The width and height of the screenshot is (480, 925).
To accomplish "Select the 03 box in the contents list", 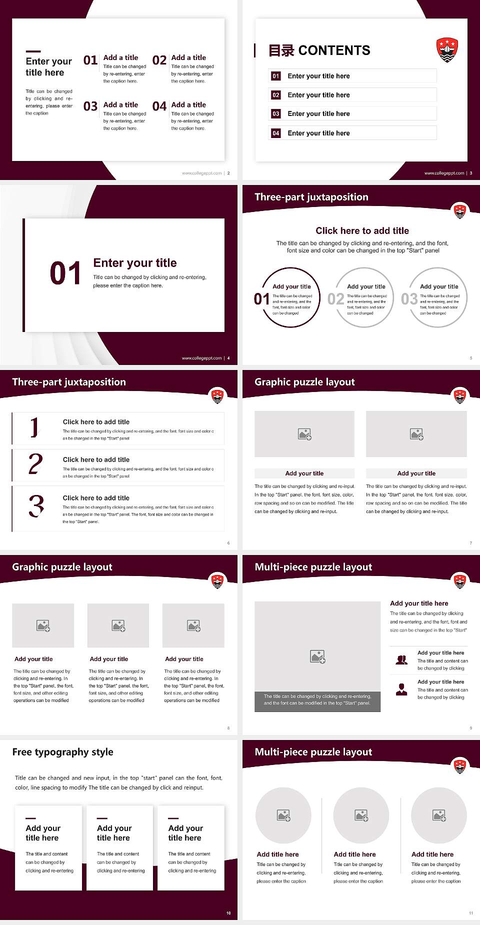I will (x=276, y=114).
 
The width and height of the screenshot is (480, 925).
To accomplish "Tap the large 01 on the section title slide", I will (x=65, y=273).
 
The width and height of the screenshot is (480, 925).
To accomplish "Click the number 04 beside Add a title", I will (x=159, y=106).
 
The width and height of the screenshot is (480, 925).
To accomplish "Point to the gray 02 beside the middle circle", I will (x=335, y=299).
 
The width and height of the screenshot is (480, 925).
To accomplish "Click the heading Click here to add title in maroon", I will (x=362, y=230).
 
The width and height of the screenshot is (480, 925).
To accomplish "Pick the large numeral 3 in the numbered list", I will (x=36, y=505).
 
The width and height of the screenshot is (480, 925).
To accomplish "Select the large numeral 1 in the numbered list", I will (x=34, y=427).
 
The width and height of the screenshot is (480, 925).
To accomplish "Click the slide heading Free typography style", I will (x=62, y=752).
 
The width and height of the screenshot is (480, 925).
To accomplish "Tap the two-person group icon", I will (x=401, y=660).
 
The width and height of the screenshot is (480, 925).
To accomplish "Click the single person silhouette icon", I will (x=401, y=689).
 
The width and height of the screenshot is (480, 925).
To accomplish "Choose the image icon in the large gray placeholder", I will (x=317, y=656).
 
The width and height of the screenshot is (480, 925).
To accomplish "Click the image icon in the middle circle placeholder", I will (x=361, y=815).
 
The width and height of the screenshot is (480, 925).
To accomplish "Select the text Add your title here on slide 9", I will (x=419, y=603).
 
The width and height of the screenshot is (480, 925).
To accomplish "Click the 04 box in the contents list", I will (x=276, y=133).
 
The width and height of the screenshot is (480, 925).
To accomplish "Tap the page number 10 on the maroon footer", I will (x=228, y=913).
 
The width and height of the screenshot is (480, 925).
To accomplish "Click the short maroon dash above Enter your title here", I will (x=33, y=51).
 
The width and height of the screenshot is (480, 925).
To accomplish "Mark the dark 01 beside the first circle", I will (x=261, y=299).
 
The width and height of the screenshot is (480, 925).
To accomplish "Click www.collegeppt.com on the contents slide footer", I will (x=444, y=173).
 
